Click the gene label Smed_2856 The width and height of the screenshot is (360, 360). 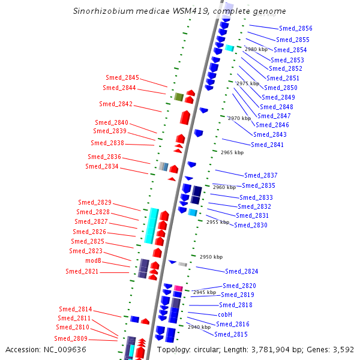(295, 28)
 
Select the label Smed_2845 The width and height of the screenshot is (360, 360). (122, 77)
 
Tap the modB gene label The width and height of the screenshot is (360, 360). (93, 261)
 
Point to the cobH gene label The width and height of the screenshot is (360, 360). (225, 314)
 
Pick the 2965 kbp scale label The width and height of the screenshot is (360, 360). (232, 152)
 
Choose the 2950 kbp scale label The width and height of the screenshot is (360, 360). (211, 256)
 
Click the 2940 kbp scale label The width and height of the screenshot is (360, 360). (199, 327)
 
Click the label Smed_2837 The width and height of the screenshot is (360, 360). (261, 175)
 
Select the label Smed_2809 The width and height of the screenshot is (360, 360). (72, 338)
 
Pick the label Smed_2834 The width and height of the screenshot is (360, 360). (101, 166)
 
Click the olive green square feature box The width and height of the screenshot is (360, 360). (179, 97)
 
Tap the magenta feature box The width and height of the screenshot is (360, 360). (178, 289)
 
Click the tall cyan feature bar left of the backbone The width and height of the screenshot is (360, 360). (152, 226)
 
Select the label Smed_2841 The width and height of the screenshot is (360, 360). (267, 145)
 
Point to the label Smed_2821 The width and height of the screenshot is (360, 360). (82, 271)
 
